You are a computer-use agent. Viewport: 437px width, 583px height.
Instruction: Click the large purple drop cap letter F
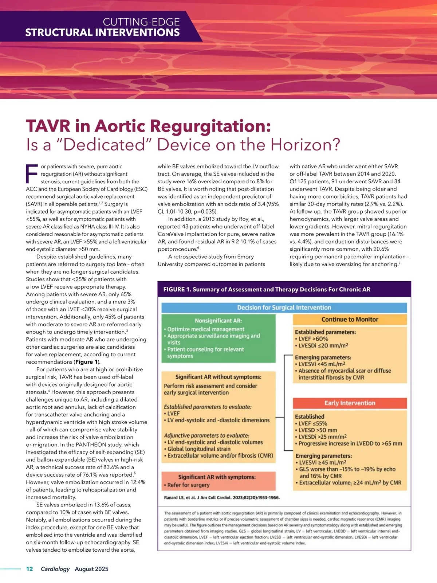click(32, 174)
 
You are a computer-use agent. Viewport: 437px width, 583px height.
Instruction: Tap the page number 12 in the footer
click(29, 569)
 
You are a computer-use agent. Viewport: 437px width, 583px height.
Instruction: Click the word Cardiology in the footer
click(55, 569)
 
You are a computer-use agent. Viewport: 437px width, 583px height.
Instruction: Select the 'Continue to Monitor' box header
click(350, 320)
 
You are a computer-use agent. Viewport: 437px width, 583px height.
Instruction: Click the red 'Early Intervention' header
click(350, 403)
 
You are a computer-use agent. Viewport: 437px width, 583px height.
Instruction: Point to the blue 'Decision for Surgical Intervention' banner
click(284, 308)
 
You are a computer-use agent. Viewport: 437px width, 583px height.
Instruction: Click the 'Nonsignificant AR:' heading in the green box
click(219, 321)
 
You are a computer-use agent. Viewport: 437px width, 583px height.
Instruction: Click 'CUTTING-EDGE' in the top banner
click(141, 22)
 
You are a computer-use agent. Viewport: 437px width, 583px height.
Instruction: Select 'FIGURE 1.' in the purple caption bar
click(177, 289)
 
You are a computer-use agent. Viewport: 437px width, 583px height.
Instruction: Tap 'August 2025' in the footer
click(91, 569)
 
